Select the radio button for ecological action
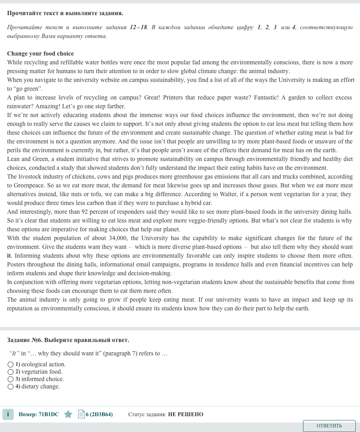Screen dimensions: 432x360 point(11,365)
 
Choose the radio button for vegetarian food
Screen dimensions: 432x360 point(11,372)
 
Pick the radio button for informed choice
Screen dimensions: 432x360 point(11,379)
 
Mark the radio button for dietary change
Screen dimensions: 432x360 point(11,387)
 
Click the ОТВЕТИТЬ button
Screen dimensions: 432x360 point(329,426)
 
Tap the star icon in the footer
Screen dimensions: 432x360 point(68,414)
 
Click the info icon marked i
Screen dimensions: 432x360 point(8,414)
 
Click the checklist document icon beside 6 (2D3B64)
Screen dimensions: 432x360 point(81,414)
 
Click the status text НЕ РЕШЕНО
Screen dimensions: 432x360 point(186,414)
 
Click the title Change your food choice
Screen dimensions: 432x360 point(40,54)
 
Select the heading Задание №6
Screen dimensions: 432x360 point(25,340)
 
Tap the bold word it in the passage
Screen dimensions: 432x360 point(9,256)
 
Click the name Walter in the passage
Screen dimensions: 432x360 point(228,194)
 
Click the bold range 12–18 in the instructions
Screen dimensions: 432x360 point(139,27)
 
